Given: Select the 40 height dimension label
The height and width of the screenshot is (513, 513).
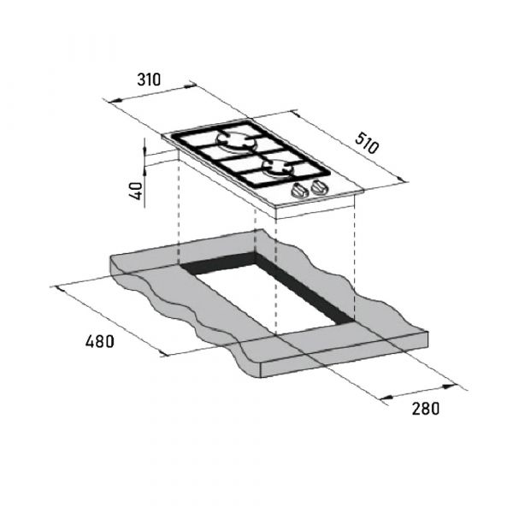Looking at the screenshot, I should click(135, 190).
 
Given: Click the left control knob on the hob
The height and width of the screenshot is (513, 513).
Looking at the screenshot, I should click(301, 192).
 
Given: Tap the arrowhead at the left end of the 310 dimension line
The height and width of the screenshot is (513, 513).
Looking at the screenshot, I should click(112, 100).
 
